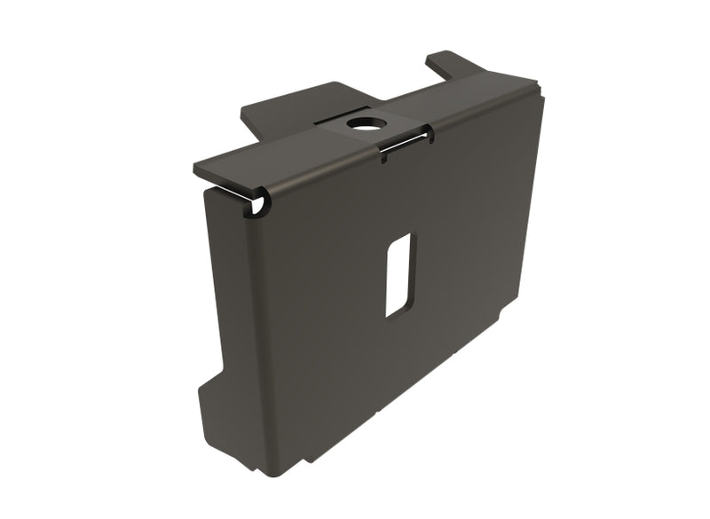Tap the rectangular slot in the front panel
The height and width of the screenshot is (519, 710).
[398, 275]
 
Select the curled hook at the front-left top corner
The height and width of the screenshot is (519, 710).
[259, 206]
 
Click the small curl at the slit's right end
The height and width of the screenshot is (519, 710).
[429, 135]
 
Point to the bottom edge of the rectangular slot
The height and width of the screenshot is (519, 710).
[396, 314]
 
